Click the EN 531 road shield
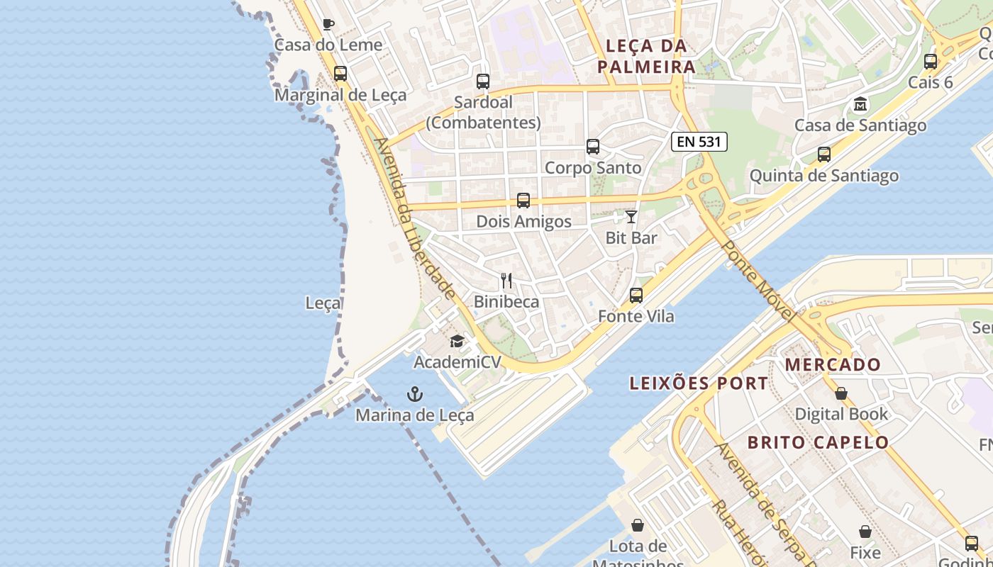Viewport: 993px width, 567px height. [x=699, y=142]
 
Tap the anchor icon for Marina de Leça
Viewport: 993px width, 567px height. [x=414, y=394]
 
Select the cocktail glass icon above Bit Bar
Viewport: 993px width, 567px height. [x=631, y=217]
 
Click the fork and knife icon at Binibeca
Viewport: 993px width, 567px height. [x=506, y=281]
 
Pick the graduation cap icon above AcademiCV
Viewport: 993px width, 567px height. [x=457, y=342]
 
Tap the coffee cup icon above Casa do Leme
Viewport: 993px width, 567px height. [x=328, y=24]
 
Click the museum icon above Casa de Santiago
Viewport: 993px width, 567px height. [x=860, y=104]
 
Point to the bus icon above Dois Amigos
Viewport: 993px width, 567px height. [x=523, y=201]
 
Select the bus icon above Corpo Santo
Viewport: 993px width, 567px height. [x=593, y=147]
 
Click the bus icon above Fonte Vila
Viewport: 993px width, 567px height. [x=636, y=296]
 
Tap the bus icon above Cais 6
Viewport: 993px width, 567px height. [x=931, y=62]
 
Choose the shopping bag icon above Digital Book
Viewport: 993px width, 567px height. [x=841, y=393]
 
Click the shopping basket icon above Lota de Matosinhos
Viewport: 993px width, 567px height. [x=638, y=525]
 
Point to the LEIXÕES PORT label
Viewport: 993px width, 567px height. [x=699, y=383]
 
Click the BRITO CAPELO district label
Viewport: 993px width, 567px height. [x=818, y=442]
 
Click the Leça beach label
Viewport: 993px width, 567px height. [x=323, y=303]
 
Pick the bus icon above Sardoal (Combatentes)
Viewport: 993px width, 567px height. [x=483, y=82]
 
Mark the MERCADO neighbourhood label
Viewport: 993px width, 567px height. [x=833, y=365]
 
